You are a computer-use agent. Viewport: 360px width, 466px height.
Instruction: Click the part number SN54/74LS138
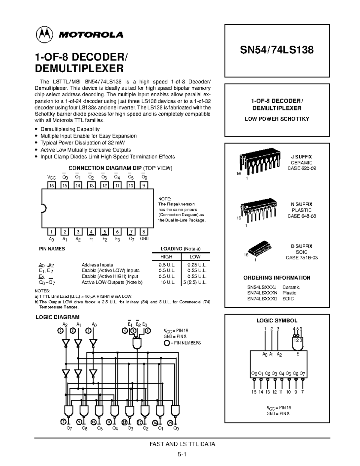tap(277, 50)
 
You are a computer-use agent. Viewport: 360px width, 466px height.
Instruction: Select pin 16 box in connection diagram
tap(52, 185)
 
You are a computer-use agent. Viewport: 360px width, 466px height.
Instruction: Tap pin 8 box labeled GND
tap(144, 232)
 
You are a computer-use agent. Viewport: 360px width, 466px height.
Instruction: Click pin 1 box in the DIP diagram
tap(52, 232)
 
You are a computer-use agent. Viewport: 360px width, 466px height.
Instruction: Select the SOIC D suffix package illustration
tap(260, 247)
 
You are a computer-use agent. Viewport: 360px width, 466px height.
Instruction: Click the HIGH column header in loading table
tap(166, 257)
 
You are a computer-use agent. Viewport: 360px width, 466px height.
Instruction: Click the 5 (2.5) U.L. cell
tap(195, 282)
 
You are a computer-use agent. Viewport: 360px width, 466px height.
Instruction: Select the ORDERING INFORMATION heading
tap(277, 278)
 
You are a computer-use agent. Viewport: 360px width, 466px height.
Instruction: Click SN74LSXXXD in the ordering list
tap(262, 299)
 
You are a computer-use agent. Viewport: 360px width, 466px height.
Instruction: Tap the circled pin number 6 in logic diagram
tap(148, 331)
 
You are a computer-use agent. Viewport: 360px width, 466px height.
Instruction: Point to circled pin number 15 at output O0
tap(170, 422)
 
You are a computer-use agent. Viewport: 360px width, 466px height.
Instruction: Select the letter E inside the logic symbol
tap(298, 354)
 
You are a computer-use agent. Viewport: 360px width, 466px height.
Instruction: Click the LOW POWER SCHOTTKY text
tap(277, 119)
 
